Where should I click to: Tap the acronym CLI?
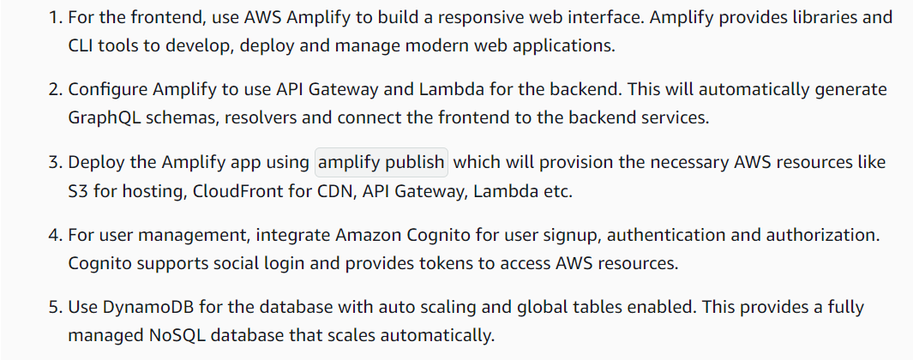click(83, 45)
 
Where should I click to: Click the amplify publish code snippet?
click(381, 162)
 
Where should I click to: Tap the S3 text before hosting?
click(78, 190)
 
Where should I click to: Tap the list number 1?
click(52, 17)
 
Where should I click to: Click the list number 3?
click(52, 162)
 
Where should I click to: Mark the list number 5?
click(52, 307)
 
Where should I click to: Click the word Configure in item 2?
click(107, 89)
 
